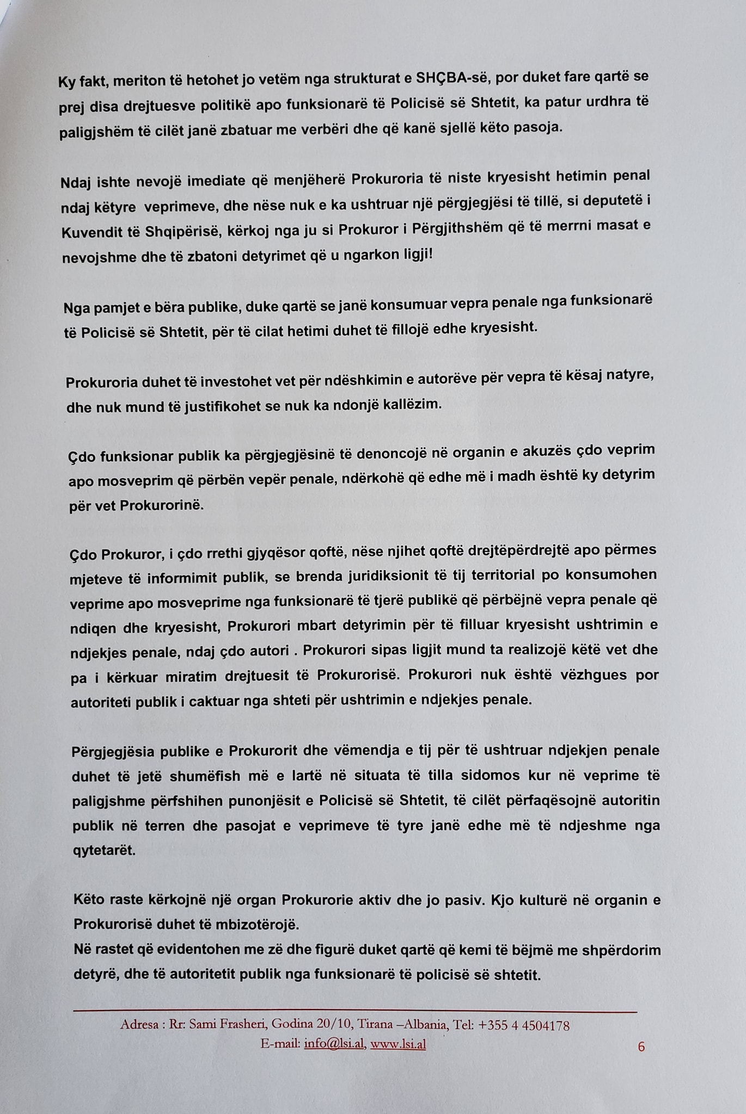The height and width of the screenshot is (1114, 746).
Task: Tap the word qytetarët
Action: (103, 851)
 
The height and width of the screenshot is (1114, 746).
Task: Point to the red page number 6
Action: (641, 1047)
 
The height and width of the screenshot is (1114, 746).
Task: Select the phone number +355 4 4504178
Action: (524, 1025)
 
